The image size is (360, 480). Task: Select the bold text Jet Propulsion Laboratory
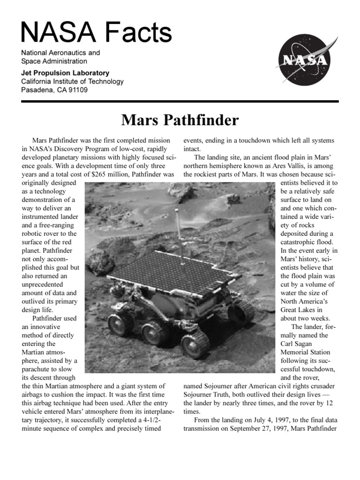click(x=65, y=73)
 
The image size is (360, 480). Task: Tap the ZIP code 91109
click(x=76, y=90)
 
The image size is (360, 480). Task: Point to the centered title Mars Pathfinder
click(x=180, y=120)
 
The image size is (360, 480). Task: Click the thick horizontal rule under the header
click(x=180, y=101)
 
